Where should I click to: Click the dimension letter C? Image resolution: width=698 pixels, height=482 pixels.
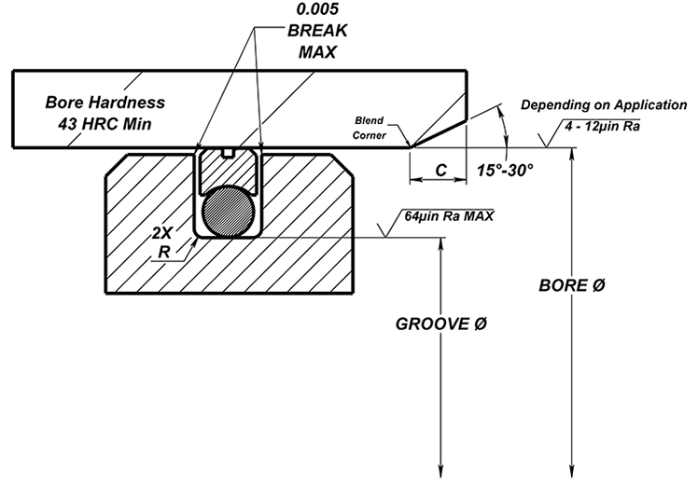pyautogui.click(x=438, y=171)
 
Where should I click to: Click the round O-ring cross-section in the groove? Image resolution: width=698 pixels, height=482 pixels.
pyautogui.click(x=228, y=208)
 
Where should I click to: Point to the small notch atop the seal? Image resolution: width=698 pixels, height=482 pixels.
pyautogui.click(x=227, y=152)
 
